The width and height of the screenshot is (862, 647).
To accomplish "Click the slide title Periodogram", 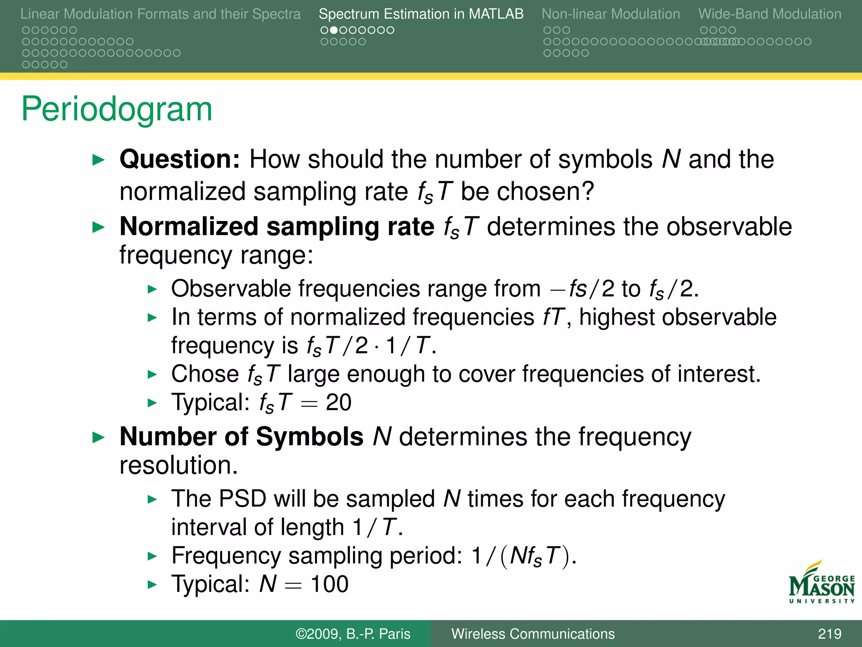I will coord(117,109).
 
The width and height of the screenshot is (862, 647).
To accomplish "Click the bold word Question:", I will coord(180,159).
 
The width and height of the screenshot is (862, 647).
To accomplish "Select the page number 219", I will coord(829,634).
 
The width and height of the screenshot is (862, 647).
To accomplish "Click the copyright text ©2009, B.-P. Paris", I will coord(353,634).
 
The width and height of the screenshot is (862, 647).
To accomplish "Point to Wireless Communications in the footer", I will coord(533,634).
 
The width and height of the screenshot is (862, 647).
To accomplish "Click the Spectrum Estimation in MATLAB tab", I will coord(421,14).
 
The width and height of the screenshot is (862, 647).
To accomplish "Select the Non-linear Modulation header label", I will coord(610,14).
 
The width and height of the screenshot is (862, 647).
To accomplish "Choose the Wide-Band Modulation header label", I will coord(769,14).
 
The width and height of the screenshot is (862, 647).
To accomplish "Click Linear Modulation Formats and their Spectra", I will coord(160,14).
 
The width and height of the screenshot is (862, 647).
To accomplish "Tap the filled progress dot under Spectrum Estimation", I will coord(333,30).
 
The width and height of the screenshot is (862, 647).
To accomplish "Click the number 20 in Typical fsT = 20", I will coord(338,402).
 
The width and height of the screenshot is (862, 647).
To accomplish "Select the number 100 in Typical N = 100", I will coord(329,584).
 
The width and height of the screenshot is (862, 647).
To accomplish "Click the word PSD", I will coord(242,499).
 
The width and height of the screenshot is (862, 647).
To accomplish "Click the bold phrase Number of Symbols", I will coord(241,436).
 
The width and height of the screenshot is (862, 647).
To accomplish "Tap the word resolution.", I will coord(178,465).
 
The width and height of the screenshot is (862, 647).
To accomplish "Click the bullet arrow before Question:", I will coord(98,160).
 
